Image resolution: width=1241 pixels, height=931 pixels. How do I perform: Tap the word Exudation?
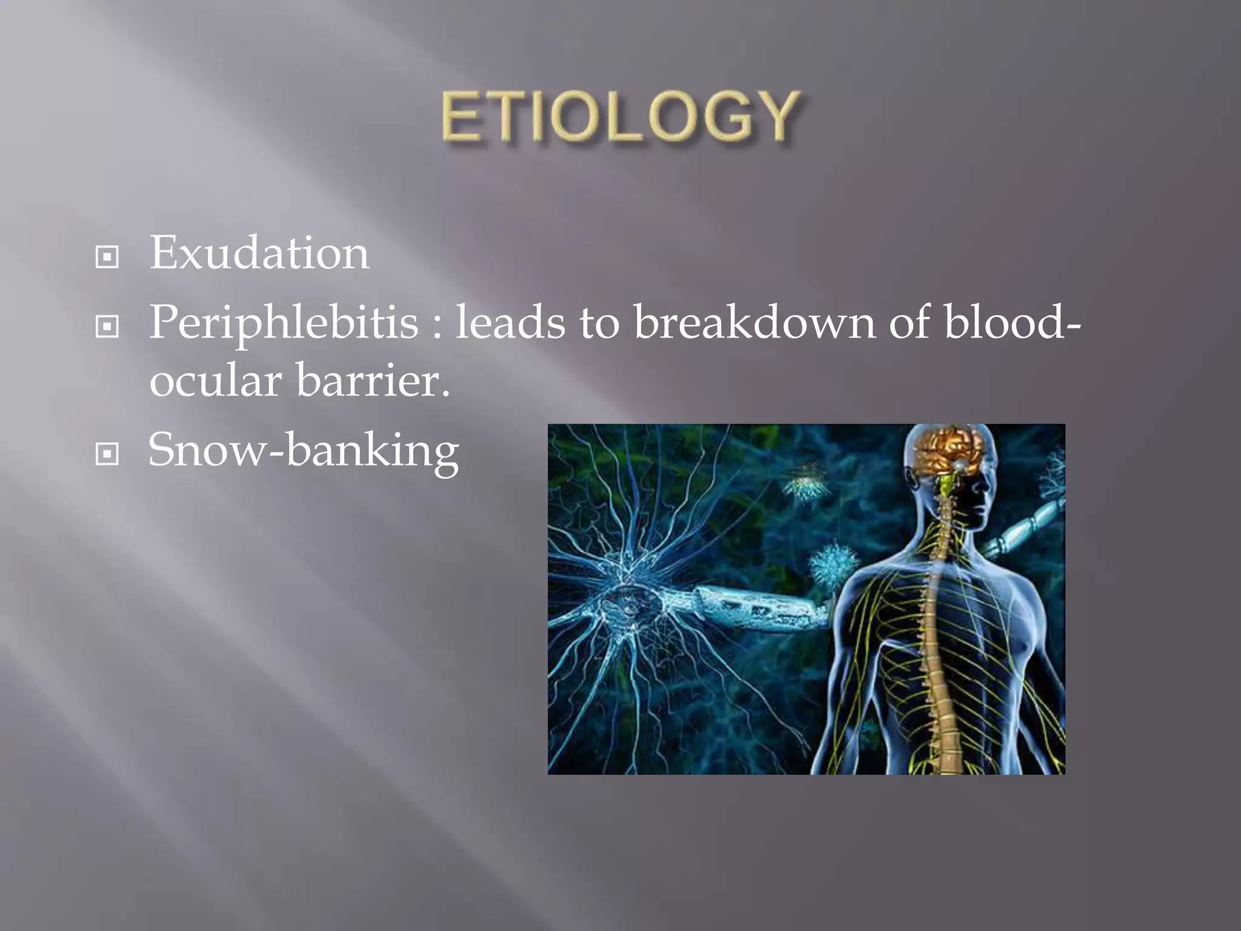pos(259,253)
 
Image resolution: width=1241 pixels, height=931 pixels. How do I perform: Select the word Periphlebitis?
pos(284,322)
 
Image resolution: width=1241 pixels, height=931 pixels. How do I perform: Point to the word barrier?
pos(373,381)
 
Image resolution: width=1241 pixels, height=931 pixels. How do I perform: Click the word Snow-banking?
pos(303,451)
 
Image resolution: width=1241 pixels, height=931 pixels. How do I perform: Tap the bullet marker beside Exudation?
pos(107,257)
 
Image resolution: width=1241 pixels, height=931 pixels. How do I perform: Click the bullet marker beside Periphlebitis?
pos(107,327)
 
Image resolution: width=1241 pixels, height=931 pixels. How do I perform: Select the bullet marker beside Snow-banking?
pos(107,453)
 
